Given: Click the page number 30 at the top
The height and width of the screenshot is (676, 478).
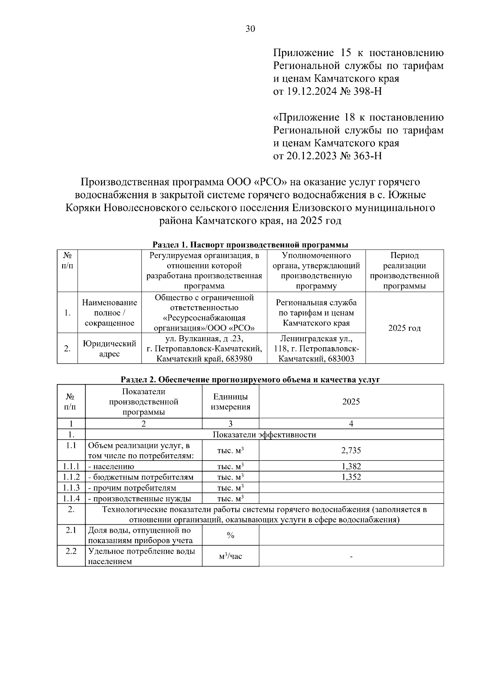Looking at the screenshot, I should point(251,29).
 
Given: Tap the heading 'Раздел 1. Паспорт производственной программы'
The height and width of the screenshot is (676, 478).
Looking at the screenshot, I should point(251,244).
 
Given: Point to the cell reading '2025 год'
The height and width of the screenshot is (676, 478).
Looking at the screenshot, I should point(404,328).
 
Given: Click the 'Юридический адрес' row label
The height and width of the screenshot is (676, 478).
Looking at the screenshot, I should point(110,348).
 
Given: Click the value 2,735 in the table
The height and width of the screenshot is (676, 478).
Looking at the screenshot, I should point(351,450).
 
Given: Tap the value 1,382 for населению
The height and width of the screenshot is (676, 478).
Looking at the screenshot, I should point(351,466).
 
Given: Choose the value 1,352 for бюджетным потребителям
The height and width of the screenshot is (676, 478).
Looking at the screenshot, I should point(351,477).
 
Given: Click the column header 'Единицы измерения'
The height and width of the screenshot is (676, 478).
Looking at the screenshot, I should point(230,402).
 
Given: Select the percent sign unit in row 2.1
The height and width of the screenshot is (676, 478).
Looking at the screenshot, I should point(230,535).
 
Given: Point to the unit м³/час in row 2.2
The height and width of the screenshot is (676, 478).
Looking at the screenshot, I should point(230,556).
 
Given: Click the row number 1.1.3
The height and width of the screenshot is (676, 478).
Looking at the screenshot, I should point(71,488).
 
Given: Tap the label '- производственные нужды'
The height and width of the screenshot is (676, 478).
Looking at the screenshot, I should point(139,498).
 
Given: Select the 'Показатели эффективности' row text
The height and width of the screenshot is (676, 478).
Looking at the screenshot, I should point(264,434).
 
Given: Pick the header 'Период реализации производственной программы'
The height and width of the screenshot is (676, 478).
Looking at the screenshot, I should point(404,271).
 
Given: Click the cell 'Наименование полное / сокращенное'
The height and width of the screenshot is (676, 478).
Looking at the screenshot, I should point(110,313).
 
